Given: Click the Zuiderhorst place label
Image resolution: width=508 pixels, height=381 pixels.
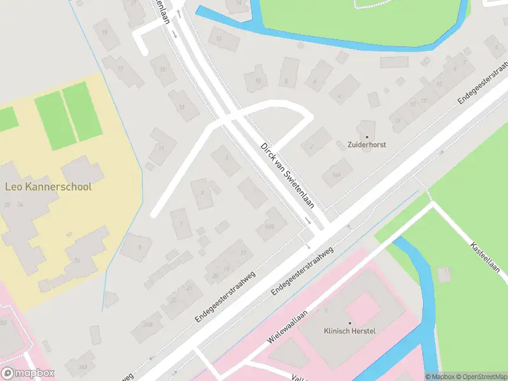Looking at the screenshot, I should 367,145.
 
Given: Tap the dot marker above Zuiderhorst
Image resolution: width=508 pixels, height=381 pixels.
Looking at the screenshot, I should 367,136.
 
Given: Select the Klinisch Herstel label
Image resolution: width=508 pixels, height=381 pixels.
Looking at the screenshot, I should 350,331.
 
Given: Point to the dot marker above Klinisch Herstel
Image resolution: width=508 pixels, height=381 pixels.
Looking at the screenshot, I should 350,323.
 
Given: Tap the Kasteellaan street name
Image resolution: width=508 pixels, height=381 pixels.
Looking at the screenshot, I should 486,257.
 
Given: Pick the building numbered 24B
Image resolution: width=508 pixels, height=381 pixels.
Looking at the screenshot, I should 148,326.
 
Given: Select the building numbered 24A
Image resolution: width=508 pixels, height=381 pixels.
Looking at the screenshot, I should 83,367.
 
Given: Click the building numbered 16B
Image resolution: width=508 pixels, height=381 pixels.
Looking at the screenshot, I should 269,226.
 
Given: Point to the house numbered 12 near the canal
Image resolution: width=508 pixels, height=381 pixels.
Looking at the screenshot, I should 220,39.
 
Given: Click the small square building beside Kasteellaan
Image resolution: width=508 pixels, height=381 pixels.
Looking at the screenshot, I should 444,274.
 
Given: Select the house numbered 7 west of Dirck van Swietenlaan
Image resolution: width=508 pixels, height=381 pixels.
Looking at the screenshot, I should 181,224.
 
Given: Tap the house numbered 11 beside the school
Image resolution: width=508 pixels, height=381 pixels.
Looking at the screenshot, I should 163,147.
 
